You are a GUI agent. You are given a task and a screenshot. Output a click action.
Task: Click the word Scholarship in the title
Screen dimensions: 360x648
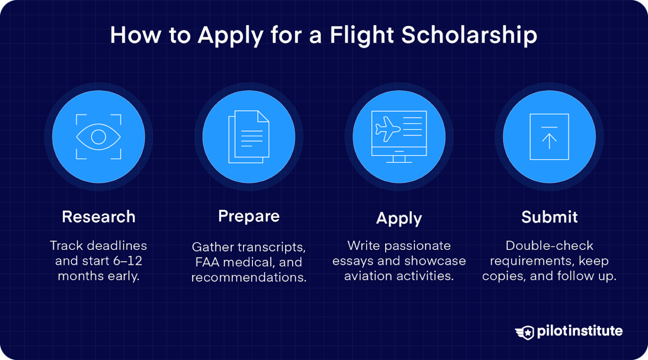(x=469, y=35)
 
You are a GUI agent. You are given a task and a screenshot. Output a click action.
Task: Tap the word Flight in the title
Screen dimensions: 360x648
(x=362, y=35)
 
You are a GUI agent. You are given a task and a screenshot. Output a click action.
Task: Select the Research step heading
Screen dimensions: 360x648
(x=99, y=217)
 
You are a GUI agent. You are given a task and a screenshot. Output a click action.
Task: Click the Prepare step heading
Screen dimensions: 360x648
(x=249, y=216)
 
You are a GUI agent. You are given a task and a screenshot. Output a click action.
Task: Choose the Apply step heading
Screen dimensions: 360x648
(x=399, y=218)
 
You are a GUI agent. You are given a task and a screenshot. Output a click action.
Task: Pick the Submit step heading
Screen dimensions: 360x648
(x=549, y=217)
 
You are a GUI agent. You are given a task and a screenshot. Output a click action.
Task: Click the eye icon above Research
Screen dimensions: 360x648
(x=98, y=137)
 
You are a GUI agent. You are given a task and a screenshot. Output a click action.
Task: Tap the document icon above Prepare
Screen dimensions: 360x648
(x=249, y=137)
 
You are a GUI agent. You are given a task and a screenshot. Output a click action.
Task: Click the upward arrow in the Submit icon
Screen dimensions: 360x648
(x=549, y=141)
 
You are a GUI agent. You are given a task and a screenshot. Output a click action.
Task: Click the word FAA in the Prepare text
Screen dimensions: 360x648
(x=207, y=262)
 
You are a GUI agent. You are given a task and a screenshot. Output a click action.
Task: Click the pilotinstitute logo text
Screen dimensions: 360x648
(x=580, y=331)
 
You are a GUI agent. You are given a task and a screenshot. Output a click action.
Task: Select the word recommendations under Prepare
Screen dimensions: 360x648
(x=249, y=277)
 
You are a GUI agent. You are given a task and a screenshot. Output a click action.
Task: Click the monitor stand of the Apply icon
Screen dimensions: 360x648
(x=399, y=159)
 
